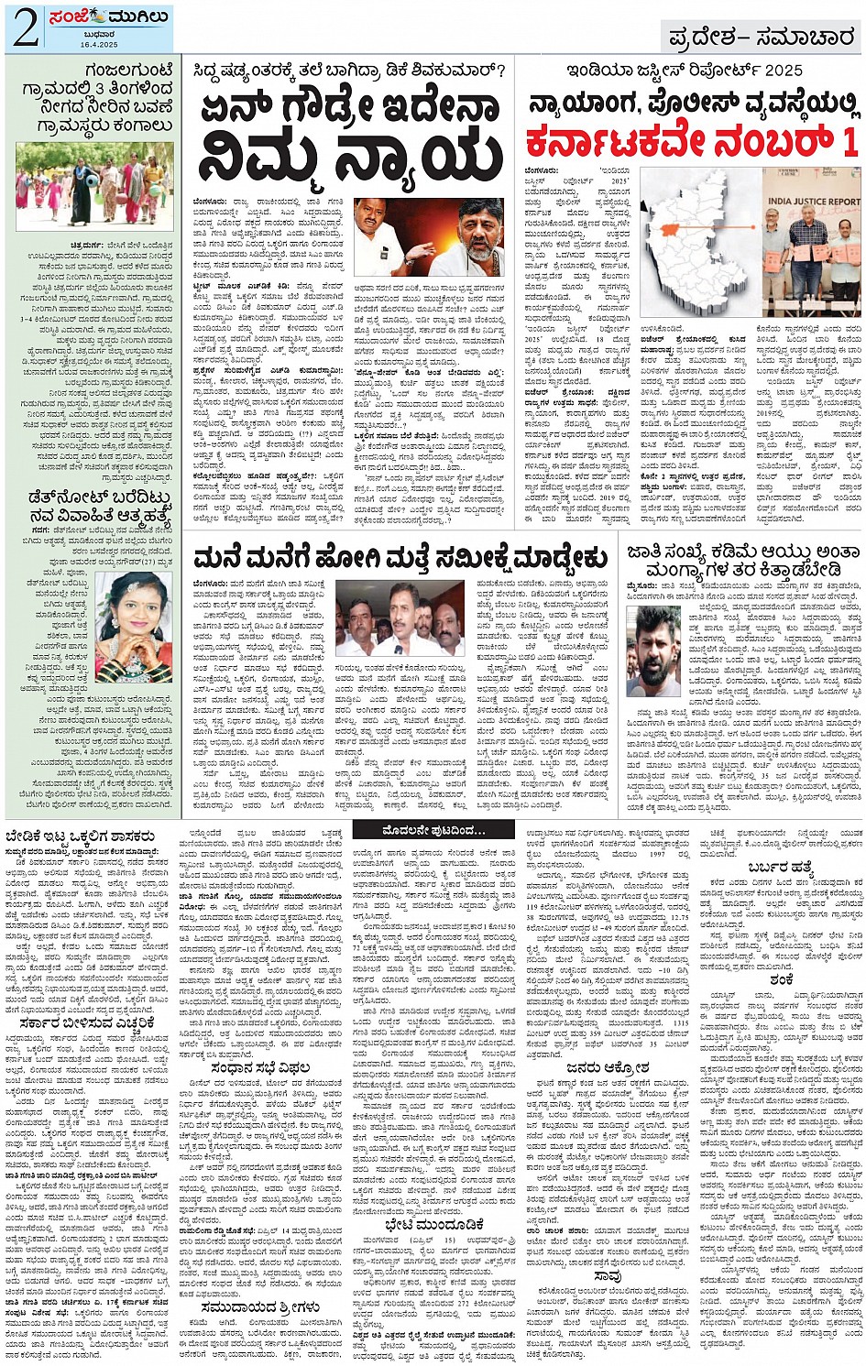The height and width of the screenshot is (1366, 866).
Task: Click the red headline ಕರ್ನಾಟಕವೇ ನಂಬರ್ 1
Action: coord(692,142)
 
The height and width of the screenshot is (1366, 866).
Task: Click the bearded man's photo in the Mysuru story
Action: coord(659,650)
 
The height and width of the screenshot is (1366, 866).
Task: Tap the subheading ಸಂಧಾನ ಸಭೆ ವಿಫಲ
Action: coord(262,1067)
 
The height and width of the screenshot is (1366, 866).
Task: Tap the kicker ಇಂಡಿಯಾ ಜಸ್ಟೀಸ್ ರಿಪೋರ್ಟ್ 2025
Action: coord(685,71)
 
